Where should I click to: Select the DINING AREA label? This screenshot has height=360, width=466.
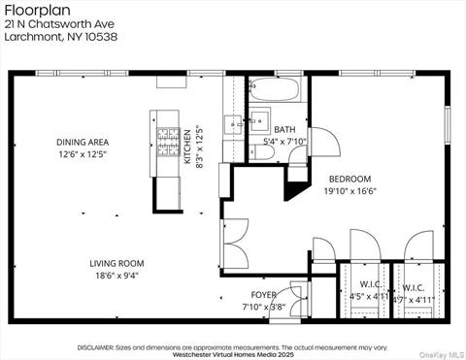[83, 142]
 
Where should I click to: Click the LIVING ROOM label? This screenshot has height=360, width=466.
[116, 263]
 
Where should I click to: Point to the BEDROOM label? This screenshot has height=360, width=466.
[349, 180]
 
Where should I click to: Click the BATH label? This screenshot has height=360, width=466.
[284, 129]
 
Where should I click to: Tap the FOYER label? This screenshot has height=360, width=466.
[263, 294]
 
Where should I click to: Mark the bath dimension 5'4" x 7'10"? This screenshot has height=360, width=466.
[284, 142]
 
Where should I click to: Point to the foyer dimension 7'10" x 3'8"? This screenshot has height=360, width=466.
[263, 307]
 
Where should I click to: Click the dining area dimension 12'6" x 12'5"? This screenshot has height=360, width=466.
[83, 154]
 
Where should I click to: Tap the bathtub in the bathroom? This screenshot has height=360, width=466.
[277, 92]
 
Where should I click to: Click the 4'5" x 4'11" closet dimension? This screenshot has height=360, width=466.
[368, 298]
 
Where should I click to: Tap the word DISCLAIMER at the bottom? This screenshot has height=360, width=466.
[95, 346]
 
